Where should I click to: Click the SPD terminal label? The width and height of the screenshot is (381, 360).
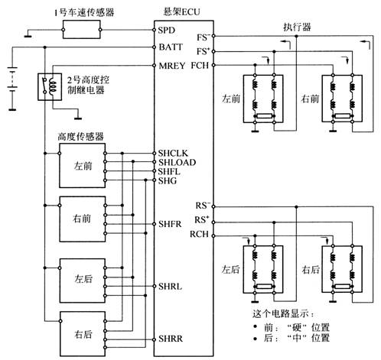coord(166,31)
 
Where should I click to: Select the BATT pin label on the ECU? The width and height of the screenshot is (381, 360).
coord(171,47)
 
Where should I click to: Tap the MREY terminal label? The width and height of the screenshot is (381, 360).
coord(172,66)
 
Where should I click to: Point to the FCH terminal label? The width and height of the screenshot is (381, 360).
coord(200,65)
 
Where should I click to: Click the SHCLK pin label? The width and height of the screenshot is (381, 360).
coord(173,154)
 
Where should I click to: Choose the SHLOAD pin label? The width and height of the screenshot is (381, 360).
coord(177,162)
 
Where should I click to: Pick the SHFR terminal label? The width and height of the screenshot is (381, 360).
coord(170,224)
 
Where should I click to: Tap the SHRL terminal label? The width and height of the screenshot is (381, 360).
coord(170,287)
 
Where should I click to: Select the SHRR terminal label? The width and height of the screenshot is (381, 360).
coord(171,339)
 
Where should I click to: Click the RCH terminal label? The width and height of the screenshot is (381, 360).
coord(199,234)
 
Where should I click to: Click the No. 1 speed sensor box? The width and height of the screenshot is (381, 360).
coord(81,30)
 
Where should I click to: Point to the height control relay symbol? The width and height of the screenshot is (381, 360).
coord(50,87)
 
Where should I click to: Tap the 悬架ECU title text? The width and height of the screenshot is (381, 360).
coord(181,11)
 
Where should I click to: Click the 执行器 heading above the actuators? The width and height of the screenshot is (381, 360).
coord(297,27)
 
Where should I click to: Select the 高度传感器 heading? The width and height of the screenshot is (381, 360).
coord(80,137)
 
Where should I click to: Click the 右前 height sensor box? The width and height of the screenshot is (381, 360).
coord(83,219)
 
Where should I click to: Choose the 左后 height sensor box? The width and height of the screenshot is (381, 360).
coord(83,281)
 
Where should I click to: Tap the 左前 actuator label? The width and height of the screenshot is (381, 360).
coord(231,99)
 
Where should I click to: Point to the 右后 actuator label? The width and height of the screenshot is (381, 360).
coord(311,269)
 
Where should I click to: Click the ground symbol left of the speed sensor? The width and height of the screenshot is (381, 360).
coord(28,36)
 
